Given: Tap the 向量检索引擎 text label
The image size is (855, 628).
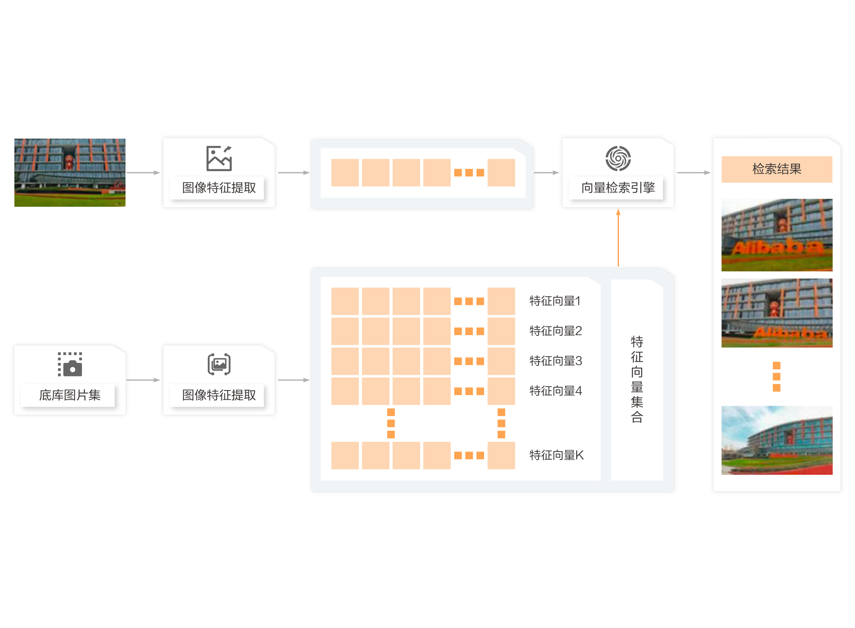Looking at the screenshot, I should tap(618, 188).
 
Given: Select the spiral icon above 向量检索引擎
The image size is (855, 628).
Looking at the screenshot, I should tap(618, 158).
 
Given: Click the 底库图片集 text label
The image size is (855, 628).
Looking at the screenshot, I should tap(70, 395).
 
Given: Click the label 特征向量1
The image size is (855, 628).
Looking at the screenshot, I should tap(555, 301).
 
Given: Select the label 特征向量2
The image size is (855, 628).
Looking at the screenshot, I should tap(555, 331).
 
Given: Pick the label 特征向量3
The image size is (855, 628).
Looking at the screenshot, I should tap(555, 361).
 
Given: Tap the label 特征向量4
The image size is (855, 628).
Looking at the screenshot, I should tap(555, 391).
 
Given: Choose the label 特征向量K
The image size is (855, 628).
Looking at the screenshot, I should tap(556, 455).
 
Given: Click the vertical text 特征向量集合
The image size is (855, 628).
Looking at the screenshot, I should tap(637, 379).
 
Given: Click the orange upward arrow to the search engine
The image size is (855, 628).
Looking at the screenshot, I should tap(618, 238).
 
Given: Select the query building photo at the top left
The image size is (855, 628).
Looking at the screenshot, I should tap(70, 173).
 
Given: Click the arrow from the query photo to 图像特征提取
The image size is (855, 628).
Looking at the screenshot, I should tap(143, 173).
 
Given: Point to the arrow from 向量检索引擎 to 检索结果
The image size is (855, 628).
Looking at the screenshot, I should tap(693, 173).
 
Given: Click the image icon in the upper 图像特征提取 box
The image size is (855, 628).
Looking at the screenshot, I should tap(219, 158).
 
